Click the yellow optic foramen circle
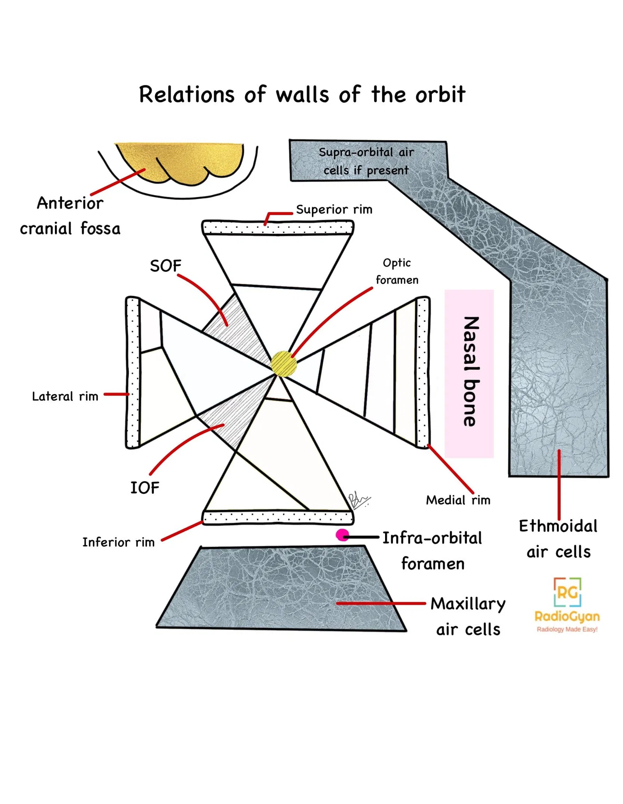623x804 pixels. point(283,363)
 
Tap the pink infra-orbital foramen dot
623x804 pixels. point(342,535)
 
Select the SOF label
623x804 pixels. point(165,266)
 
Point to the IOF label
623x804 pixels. point(144,488)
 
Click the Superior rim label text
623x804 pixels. point(334,209)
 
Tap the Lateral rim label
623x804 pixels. point(65,396)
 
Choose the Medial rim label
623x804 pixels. point(458,500)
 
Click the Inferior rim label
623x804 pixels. point(118,542)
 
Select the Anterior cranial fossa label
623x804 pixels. point(70,216)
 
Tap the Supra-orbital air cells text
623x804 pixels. point(366,161)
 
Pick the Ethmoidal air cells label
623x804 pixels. point(558,539)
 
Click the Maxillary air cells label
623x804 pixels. point(467,616)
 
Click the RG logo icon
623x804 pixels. point(567,592)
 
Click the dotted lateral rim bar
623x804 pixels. point(133,372)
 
